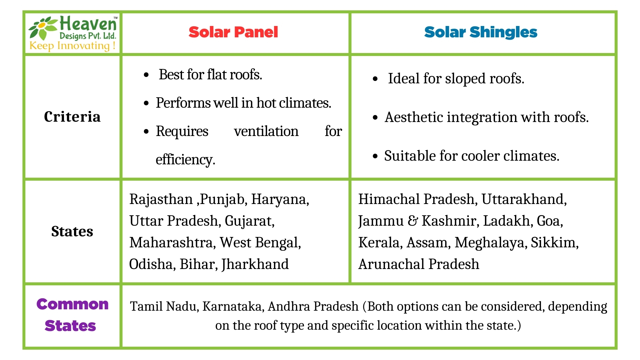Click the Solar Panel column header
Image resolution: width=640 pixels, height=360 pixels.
(233, 32)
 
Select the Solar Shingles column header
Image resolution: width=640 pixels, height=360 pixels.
(480, 32)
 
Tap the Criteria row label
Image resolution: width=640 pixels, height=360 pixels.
(72, 117)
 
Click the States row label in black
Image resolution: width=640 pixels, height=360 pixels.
(72, 231)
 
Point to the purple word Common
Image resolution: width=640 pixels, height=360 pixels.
(72, 304)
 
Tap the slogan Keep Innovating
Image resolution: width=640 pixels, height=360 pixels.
(72, 45)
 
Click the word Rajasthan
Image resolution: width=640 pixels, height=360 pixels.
(161, 199)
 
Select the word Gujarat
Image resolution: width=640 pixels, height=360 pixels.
(249, 221)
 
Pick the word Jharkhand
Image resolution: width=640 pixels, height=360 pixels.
(255, 264)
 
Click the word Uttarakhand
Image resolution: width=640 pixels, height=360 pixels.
(524, 199)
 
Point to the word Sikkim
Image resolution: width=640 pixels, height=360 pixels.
(554, 243)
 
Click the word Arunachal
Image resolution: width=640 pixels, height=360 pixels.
(391, 264)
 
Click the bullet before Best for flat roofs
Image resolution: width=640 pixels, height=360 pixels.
(146, 75)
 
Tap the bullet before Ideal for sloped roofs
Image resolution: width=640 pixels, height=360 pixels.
(375, 79)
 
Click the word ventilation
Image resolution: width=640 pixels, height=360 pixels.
(266, 131)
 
